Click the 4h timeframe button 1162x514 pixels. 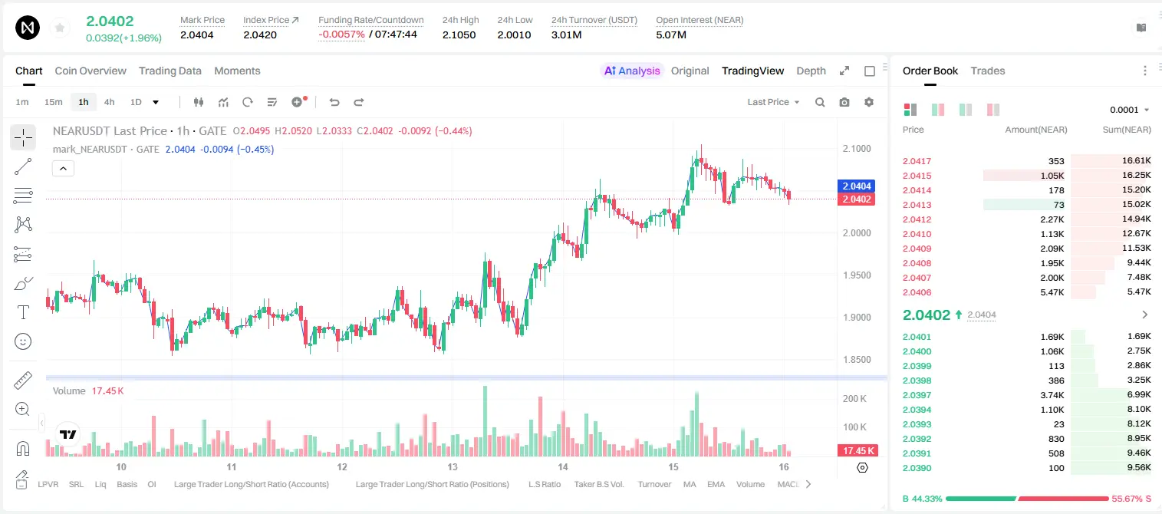point(109,102)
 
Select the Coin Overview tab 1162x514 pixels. point(91,71)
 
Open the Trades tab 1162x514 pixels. point(988,71)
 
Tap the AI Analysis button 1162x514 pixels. point(632,71)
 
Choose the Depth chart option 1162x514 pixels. point(811,71)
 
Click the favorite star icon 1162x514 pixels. point(60,28)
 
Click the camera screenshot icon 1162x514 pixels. point(844,102)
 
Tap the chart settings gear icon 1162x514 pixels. point(869,102)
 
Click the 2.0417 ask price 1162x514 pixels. point(917,161)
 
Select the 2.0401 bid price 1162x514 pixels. point(917,337)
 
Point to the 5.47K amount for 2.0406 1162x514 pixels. point(1052,292)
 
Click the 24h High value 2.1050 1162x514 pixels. point(459,35)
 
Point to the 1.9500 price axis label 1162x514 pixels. point(857,275)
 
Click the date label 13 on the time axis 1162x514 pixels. point(453,466)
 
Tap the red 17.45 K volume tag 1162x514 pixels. point(857,451)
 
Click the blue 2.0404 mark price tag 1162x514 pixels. point(857,186)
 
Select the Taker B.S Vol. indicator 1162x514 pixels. point(598,484)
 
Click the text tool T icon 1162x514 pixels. point(23,312)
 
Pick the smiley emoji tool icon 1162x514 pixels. point(23,341)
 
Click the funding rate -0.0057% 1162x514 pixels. point(341,35)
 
